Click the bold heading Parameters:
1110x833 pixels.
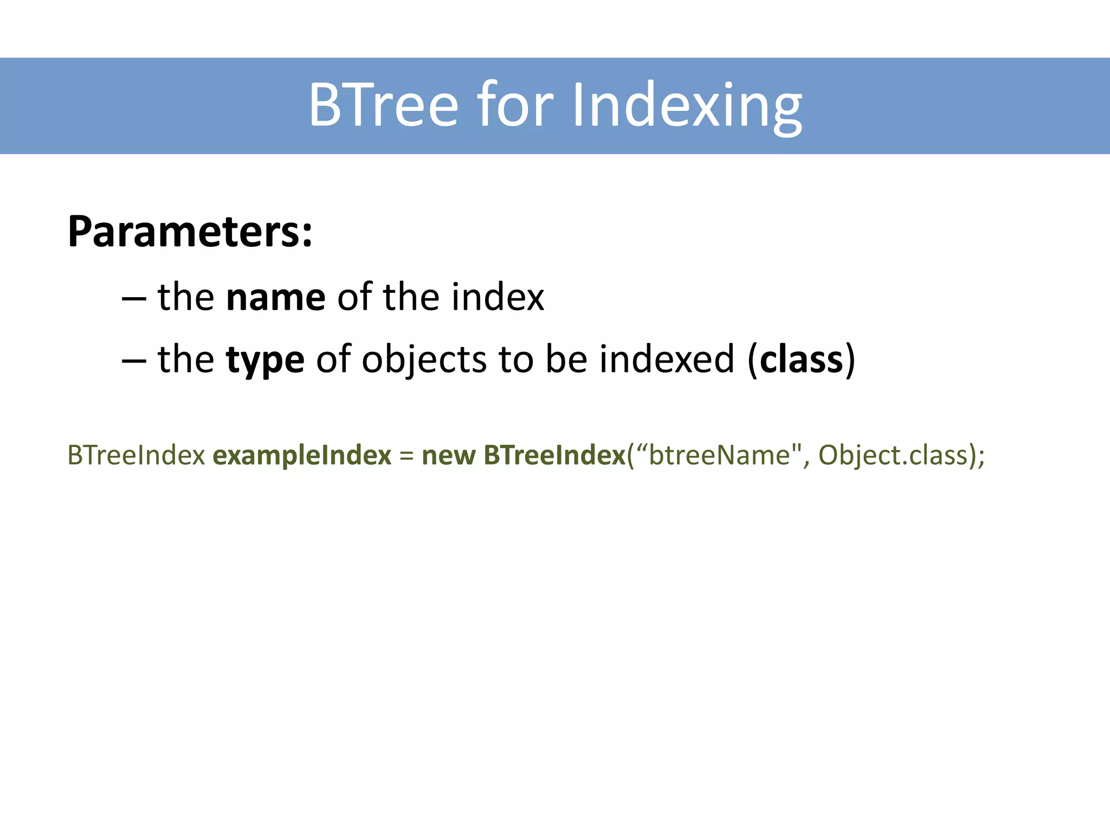click(190, 232)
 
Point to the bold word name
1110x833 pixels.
click(275, 298)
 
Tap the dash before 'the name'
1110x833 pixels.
click(134, 299)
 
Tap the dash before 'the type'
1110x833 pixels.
click(134, 361)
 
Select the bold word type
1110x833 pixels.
click(265, 361)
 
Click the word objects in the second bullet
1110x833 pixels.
click(424, 360)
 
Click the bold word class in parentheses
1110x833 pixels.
click(802, 360)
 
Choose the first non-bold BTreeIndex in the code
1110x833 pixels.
click(136, 455)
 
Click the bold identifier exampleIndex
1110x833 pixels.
click(302, 455)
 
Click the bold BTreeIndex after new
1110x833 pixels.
click(554, 455)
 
